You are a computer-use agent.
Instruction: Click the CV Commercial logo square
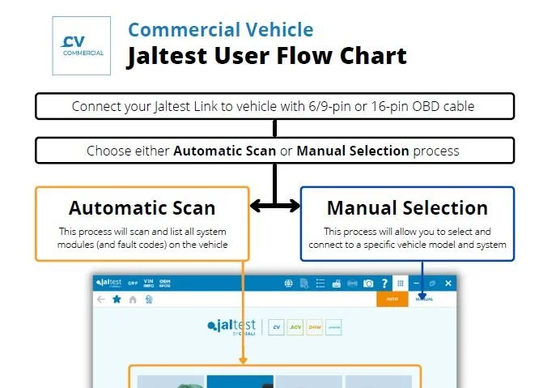[x=81, y=46]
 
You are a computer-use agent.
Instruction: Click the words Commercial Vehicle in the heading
[x=220, y=31]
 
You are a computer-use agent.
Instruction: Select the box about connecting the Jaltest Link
[x=274, y=106]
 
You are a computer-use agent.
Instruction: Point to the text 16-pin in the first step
[x=384, y=106]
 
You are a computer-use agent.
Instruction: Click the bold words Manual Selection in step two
[x=353, y=151]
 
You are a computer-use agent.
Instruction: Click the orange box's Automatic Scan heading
[x=142, y=207]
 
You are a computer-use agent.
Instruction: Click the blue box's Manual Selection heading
[x=407, y=207]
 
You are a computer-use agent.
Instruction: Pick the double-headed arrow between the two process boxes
[x=274, y=207]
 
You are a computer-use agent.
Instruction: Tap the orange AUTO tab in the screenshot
[x=392, y=299]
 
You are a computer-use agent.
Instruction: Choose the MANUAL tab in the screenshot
[x=424, y=299]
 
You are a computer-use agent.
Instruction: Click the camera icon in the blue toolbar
[x=368, y=284]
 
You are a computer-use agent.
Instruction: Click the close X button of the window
[x=448, y=284]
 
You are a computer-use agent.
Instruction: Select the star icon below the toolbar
[x=117, y=299]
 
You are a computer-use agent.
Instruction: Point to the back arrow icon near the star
[x=101, y=299]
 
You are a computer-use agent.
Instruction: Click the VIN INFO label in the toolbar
[x=148, y=284]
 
